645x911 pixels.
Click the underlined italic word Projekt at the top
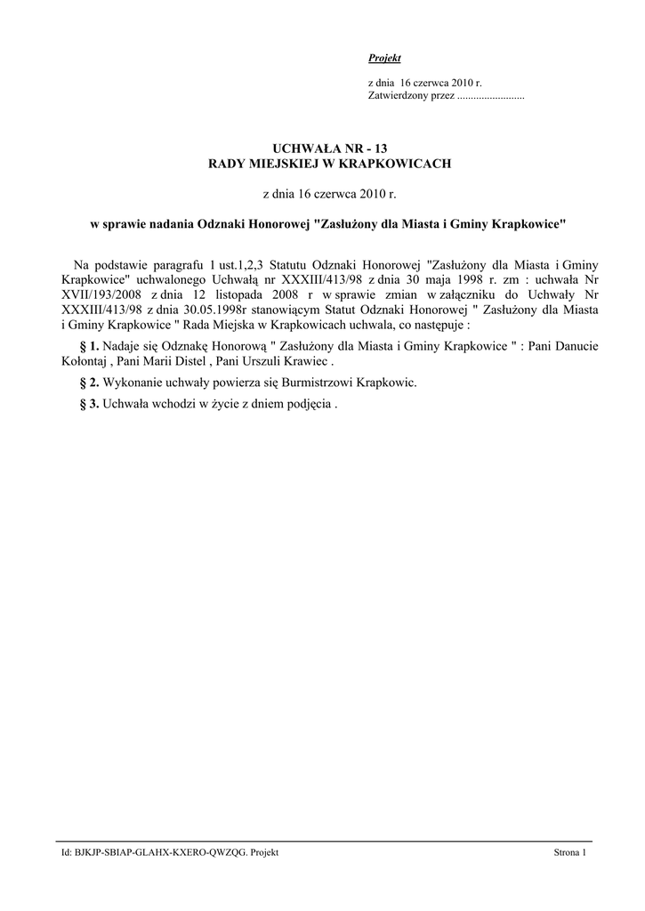(384, 59)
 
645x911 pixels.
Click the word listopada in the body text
(261, 293)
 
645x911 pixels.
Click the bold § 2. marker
(88, 383)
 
